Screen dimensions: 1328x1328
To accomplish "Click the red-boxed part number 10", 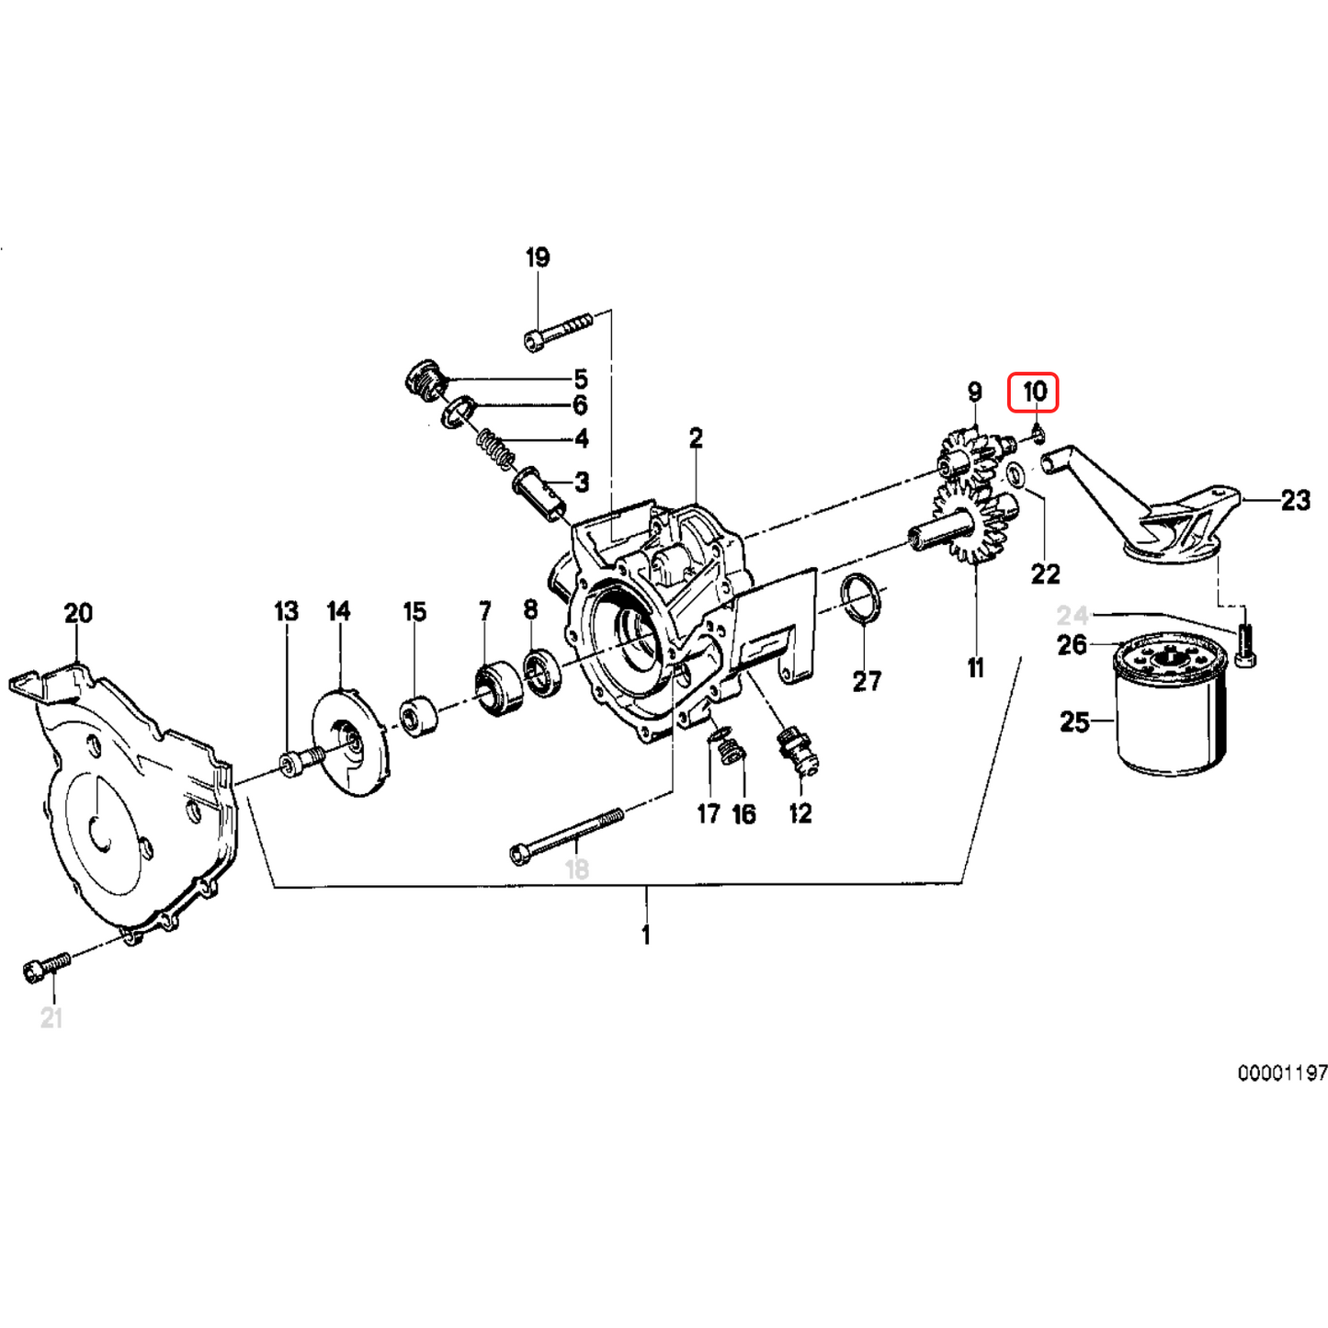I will click(x=1034, y=392).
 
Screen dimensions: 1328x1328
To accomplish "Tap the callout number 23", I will click(x=1295, y=501).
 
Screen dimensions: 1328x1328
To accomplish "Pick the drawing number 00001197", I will click(x=1281, y=1073).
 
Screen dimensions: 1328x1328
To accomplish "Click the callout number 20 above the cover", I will click(x=78, y=613).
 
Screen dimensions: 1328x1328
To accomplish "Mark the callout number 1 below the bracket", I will click(x=646, y=935).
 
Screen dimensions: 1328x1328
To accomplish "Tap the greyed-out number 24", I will click(x=1072, y=615).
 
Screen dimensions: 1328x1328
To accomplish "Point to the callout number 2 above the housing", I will click(x=696, y=438).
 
